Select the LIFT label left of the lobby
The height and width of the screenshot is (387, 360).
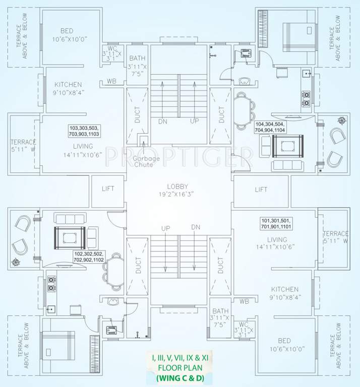click(108, 189)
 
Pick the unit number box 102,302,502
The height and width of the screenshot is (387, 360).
click(89, 257)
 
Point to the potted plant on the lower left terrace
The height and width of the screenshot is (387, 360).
click(18, 262)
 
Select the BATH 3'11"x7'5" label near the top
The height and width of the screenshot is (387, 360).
click(137, 67)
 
